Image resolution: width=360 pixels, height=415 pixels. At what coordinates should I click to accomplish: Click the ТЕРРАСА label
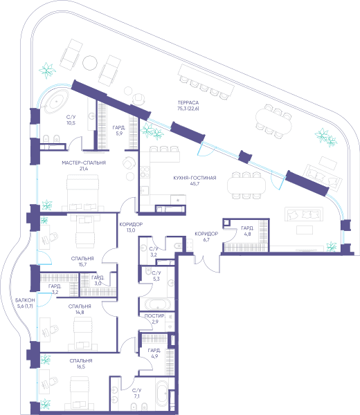(x=188, y=102)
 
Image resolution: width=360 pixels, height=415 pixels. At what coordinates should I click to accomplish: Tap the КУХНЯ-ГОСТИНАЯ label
(x=195, y=178)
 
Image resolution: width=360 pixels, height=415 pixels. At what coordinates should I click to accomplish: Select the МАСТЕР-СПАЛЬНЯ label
(x=84, y=163)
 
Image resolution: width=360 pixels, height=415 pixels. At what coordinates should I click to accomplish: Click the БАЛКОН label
(x=25, y=300)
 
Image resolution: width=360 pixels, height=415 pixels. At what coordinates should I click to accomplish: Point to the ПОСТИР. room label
(x=155, y=316)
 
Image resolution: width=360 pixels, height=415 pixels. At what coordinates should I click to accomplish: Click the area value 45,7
(x=195, y=184)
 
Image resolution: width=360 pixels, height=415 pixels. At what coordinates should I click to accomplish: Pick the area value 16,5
(x=81, y=367)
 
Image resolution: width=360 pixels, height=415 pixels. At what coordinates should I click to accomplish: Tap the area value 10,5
(x=71, y=123)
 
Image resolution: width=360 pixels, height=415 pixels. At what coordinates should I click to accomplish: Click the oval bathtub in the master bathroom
(x=57, y=102)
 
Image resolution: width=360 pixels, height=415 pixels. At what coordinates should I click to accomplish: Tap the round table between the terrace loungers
(x=90, y=62)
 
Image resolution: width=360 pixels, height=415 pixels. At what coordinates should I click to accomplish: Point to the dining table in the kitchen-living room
(x=246, y=185)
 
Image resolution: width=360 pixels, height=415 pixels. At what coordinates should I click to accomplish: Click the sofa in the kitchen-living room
(x=304, y=214)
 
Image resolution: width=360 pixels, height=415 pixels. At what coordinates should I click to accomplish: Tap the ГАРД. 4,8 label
(x=247, y=231)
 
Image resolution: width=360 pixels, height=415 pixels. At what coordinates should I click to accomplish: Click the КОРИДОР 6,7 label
(x=206, y=237)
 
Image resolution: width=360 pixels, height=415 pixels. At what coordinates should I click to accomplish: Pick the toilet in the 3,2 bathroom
(x=178, y=246)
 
